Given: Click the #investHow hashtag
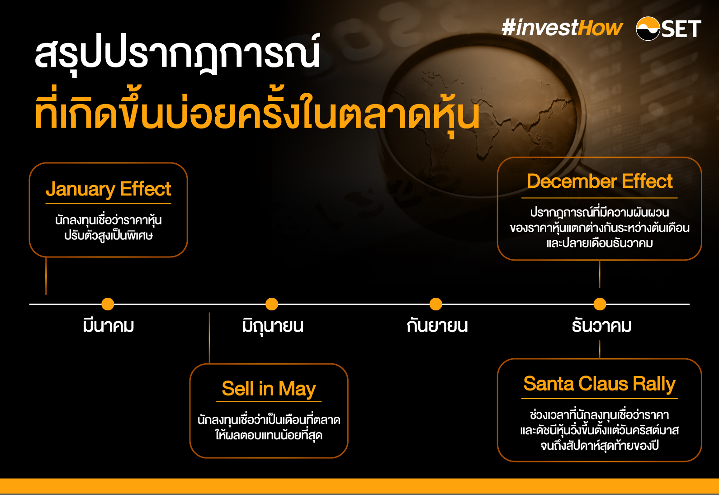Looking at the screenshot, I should click(562, 28).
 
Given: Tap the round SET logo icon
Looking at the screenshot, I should click(648, 29).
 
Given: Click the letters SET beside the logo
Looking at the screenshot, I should click(681, 29).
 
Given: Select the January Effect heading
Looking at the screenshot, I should click(109, 189).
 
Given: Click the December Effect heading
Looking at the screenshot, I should click(600, 181).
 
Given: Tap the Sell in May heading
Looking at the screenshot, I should click(269, 389).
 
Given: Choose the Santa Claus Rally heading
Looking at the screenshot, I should click(599, 384).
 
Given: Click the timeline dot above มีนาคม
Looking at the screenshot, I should click(108, 304).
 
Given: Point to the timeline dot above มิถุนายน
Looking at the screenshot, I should click(272, 304).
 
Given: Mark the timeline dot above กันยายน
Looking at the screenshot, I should click(436, 304).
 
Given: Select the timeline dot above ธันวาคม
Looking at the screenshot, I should click(600, 304).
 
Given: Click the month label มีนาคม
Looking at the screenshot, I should click(109, 326).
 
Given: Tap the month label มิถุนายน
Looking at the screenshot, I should click(273, 326).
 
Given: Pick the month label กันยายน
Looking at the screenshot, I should click(437, 326).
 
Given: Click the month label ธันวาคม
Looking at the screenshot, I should click(601, 326).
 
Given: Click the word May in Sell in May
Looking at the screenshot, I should click(297, 389).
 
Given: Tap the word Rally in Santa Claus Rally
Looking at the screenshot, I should click(654, 384).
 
